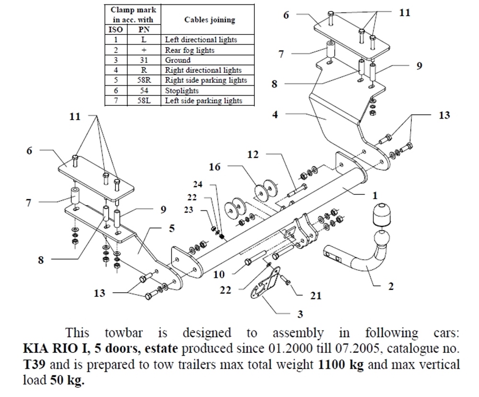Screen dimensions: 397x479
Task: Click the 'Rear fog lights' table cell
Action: tap(189, 50)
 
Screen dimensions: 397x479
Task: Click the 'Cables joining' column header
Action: tap(209, 20)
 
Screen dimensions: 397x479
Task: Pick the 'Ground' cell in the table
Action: tap(178, 60)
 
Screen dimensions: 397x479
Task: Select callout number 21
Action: tap(315, 296)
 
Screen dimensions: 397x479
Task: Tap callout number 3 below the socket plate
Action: tap(300, 314)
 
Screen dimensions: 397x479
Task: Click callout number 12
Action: tap(253, 155)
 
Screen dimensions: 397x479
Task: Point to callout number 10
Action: tap(218, 274)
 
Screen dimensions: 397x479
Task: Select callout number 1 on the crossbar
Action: tap(375, 196)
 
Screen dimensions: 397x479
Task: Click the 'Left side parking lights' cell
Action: tap(203, 101)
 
